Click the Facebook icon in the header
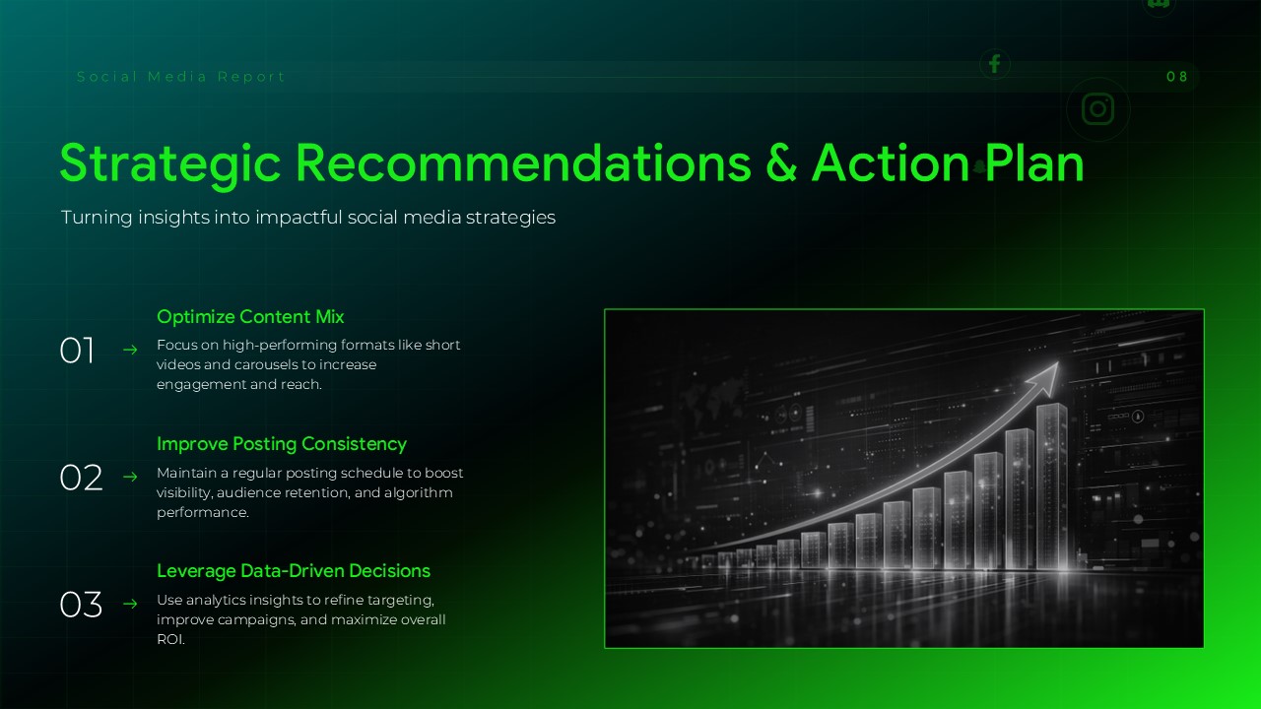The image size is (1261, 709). pos(995,65)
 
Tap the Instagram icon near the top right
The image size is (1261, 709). pos(1097,108)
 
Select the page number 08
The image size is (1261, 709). pos(1177,77)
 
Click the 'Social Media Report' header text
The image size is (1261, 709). pos(181,77)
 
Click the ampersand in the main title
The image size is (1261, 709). pos(781,163)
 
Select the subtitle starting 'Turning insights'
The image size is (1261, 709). pos(308,217)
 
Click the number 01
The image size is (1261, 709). pos(77,351)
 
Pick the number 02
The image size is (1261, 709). pos(81,478)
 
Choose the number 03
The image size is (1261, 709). pos(81,605)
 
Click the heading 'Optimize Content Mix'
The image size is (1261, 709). pos(250,317)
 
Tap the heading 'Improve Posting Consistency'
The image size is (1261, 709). pos(282,444)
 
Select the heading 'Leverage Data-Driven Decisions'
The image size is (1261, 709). pos(294,571)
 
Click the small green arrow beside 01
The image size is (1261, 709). pos(129,350)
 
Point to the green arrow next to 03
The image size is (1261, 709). pos(129,604)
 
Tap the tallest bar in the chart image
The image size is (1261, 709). pos(1051,487)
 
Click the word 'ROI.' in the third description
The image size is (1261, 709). pos(171,639)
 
